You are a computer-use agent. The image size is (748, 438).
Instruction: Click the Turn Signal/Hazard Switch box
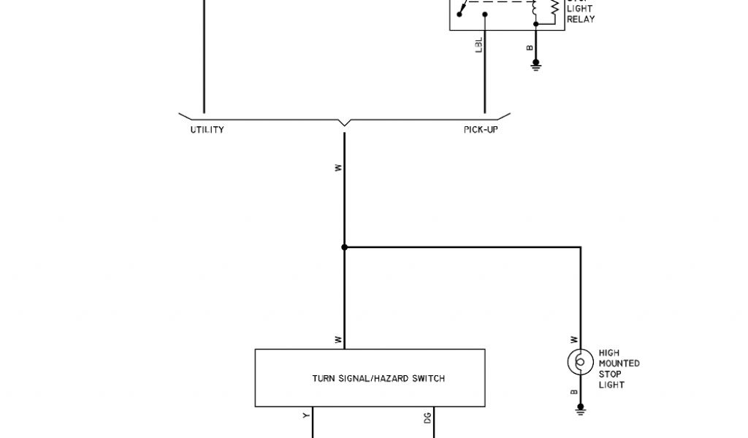(369, 378)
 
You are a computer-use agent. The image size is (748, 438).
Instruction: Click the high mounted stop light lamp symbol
(580, 362)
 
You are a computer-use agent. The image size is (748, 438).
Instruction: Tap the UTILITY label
(207, 130)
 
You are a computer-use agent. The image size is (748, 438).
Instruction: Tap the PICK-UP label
(481, 130)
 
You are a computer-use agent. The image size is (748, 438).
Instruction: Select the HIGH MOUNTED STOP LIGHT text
(619, 369)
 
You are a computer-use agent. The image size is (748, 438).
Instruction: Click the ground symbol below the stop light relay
(535, 66)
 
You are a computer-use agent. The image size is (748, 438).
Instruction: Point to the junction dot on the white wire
(345, 247)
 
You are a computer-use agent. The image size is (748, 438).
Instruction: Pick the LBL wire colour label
(479, 45)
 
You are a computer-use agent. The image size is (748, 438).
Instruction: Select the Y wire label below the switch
(306, 417)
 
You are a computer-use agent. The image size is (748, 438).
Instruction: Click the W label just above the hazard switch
(337, 339)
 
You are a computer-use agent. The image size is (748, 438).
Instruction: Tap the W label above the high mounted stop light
(573, 339)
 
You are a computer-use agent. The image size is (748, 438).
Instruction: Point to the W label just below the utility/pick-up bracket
(337, 167)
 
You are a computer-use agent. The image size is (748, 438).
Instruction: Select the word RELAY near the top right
(581, 20)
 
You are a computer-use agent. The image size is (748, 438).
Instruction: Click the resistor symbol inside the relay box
(554, 9)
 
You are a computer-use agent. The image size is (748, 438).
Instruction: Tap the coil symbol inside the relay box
(535, 9)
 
